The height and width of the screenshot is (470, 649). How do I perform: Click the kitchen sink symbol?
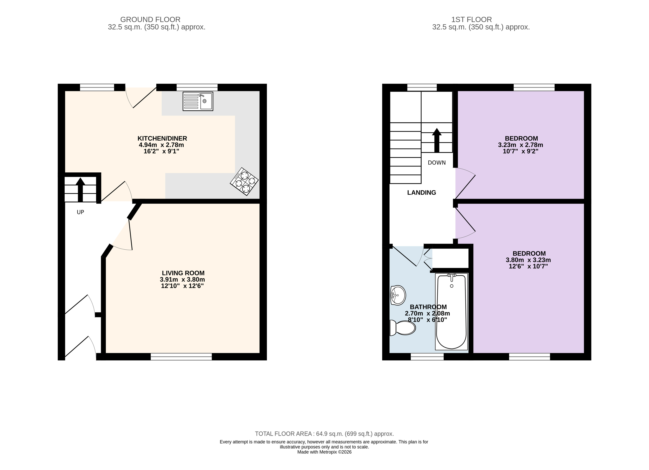click(x=198, y=101)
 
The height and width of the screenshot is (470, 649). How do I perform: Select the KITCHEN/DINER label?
click(x=162, y=138)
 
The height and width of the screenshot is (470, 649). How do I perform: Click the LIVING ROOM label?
click(x=183, y=273)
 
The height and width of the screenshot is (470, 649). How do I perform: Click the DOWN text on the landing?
click(x=437, y=163)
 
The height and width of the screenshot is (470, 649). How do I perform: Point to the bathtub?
click(x=452, y=311)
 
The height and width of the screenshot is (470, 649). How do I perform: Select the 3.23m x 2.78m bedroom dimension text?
click(x=521, y=145)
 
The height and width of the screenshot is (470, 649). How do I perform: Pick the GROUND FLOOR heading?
click(x=150, y=19)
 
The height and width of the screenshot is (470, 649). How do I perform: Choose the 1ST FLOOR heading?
click(x=472, y=19)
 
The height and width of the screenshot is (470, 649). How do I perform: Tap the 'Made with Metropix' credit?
click(x=324, y=452)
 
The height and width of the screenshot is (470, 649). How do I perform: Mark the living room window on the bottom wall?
click(x=181, y=357)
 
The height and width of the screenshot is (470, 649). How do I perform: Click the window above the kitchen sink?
click(x=197, y=87)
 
